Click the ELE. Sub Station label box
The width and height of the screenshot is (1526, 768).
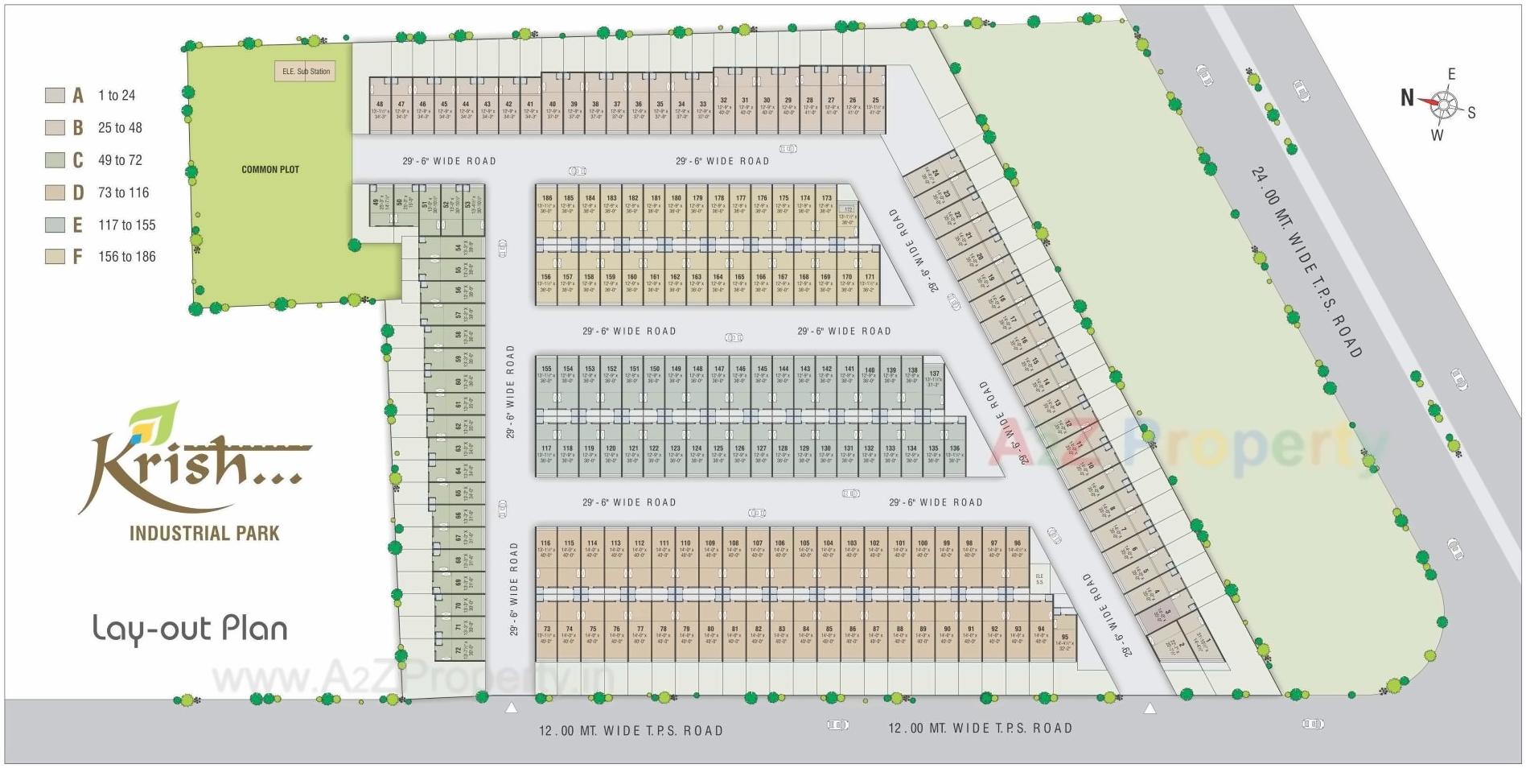[306, 72]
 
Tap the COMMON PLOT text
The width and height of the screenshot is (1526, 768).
[270, 170]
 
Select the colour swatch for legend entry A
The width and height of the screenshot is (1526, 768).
[55, 95]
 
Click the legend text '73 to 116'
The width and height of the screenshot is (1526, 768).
[123, 192]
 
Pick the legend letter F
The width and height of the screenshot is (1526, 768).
[78, 257]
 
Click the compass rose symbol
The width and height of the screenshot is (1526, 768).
[1444, 104]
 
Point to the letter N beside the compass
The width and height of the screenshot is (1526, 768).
[1407, 98]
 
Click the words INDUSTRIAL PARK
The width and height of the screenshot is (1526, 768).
[204, 533]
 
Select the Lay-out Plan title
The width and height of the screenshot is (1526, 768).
[190, 629]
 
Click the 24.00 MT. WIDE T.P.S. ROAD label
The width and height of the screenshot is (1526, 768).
[1306, 262]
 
